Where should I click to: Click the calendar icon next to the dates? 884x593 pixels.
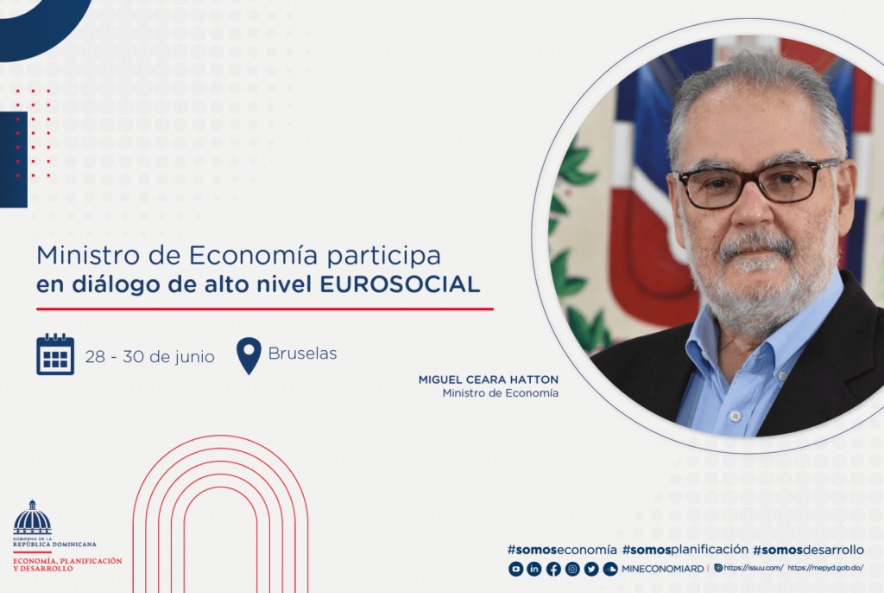tap(55, 354)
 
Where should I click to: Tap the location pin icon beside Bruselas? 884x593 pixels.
tap(249, 355)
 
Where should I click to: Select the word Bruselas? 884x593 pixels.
tap(302, 354)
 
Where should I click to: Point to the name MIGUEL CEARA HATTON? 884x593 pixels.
tap(488, 379)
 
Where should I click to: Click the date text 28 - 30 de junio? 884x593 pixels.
tap(149, 356)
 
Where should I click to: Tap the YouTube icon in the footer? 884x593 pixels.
tap(515, 569)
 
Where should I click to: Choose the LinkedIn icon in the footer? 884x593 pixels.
tap(534, 569)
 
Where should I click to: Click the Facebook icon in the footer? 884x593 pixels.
tap(553, 569)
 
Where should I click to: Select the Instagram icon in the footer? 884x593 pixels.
tap(572, 569)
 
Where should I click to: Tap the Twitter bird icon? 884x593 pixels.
tap(591, 569)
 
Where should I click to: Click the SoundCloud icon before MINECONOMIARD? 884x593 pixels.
tap(610, 569)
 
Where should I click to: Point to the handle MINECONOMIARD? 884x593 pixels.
tap(662, 569)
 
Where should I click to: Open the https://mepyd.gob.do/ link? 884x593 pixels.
tap(825, 568)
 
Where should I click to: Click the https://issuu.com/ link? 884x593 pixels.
tap(753, 568)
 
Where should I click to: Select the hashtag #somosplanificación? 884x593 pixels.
tap(685, 549)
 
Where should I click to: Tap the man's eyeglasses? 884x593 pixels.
tap(755, 182)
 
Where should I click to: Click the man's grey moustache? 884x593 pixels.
tap(757, 245)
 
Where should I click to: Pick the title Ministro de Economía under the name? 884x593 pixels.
tap(500, 393)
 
